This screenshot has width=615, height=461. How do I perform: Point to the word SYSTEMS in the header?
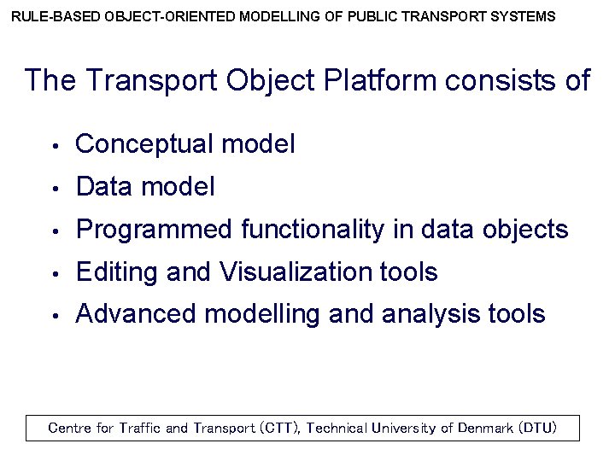[524, 16]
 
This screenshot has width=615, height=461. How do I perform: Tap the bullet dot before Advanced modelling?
[54, 316]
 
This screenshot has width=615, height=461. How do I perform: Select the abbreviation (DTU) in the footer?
[537, 428]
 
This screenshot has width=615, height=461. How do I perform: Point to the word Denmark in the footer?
[485, 428]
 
